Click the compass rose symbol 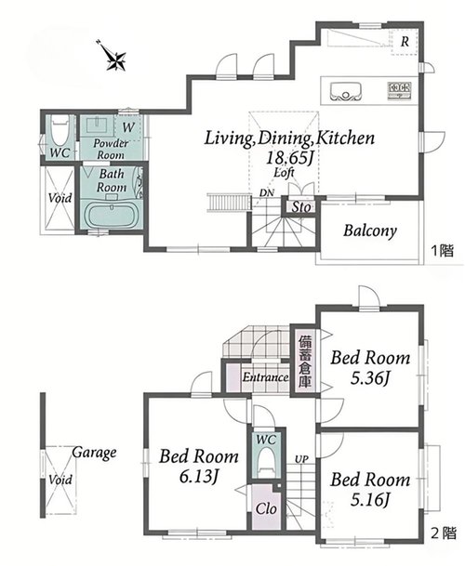coord(115,57)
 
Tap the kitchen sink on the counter coord(346,92)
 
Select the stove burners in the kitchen coord(400,90)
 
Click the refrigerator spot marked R coord(405,42)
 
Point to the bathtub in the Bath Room coord(111,216)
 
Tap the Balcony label coord(369,230)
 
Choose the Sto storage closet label coord(301,207)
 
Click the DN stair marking coord(267,193)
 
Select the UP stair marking coord(301,459)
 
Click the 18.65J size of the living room coord(289,158)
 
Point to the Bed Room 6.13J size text coord(199,477)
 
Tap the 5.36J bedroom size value coord(370,378)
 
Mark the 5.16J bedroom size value coord(370,500)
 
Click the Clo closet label coord(266,509)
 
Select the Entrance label coord(266,377)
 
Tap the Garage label coord(94,453)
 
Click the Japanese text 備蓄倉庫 coord(304,362)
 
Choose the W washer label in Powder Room coord(128,127)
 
